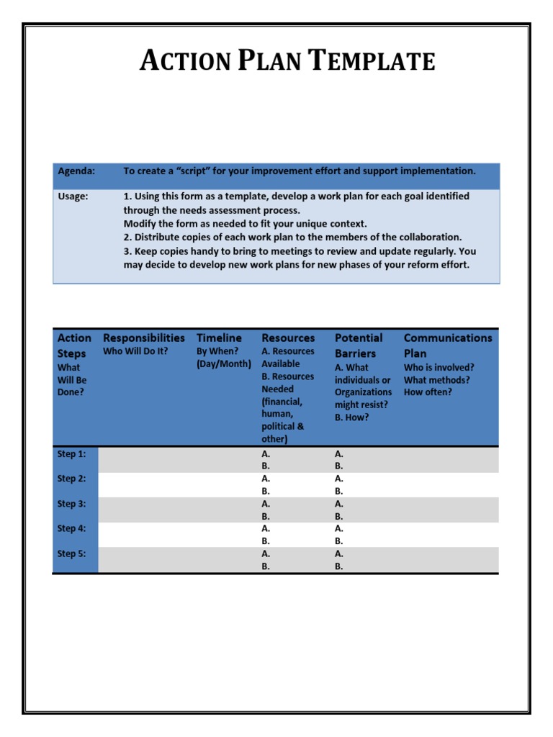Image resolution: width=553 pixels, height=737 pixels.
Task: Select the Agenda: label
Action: [x=76, y=171]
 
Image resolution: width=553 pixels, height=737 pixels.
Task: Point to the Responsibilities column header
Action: [x=144, y=338]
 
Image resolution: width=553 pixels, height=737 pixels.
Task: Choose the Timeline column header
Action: [x=219, y=338]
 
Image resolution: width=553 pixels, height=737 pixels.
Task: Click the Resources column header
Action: [x=288, y=338]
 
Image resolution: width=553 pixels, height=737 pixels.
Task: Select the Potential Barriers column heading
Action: [x=359, y=345]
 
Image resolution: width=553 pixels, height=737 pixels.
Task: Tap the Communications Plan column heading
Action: [x=448, y=345]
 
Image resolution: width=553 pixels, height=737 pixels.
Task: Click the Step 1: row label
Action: [x=72, y=454]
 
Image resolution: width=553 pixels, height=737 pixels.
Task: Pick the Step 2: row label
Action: [x=72, y=479]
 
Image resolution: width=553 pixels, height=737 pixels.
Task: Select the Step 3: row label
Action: [x=72, y=504]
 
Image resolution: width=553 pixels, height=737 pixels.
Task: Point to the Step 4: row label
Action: [x=72, y=528]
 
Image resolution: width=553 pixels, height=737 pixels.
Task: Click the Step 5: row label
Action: [x=72, y=553]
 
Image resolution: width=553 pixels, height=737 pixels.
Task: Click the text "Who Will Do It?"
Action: [x=135, y=352]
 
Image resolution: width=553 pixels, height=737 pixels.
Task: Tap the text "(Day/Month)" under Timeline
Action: [x=223, y=364]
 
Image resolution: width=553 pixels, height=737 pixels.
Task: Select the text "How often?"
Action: [x=428, y=392]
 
